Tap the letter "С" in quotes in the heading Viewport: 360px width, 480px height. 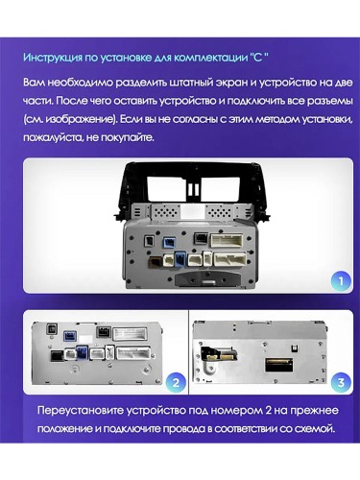coord(257,58)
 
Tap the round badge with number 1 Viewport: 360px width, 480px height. coord(341,281)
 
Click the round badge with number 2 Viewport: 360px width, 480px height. coord(176,382)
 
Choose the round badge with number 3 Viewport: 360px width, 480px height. coord(341,382)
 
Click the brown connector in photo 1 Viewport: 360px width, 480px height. coord(156,262)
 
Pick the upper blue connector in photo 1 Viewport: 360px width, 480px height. coord(169,242)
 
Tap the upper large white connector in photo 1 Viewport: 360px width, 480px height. coord(227,240)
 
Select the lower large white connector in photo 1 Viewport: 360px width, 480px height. coord(229,259)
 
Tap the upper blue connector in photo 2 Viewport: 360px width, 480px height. coord(70,336)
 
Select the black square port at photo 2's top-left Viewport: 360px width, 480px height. coord(51,329)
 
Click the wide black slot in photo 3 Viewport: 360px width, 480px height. coord(278,365)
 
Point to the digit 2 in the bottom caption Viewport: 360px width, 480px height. coord(269,411)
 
